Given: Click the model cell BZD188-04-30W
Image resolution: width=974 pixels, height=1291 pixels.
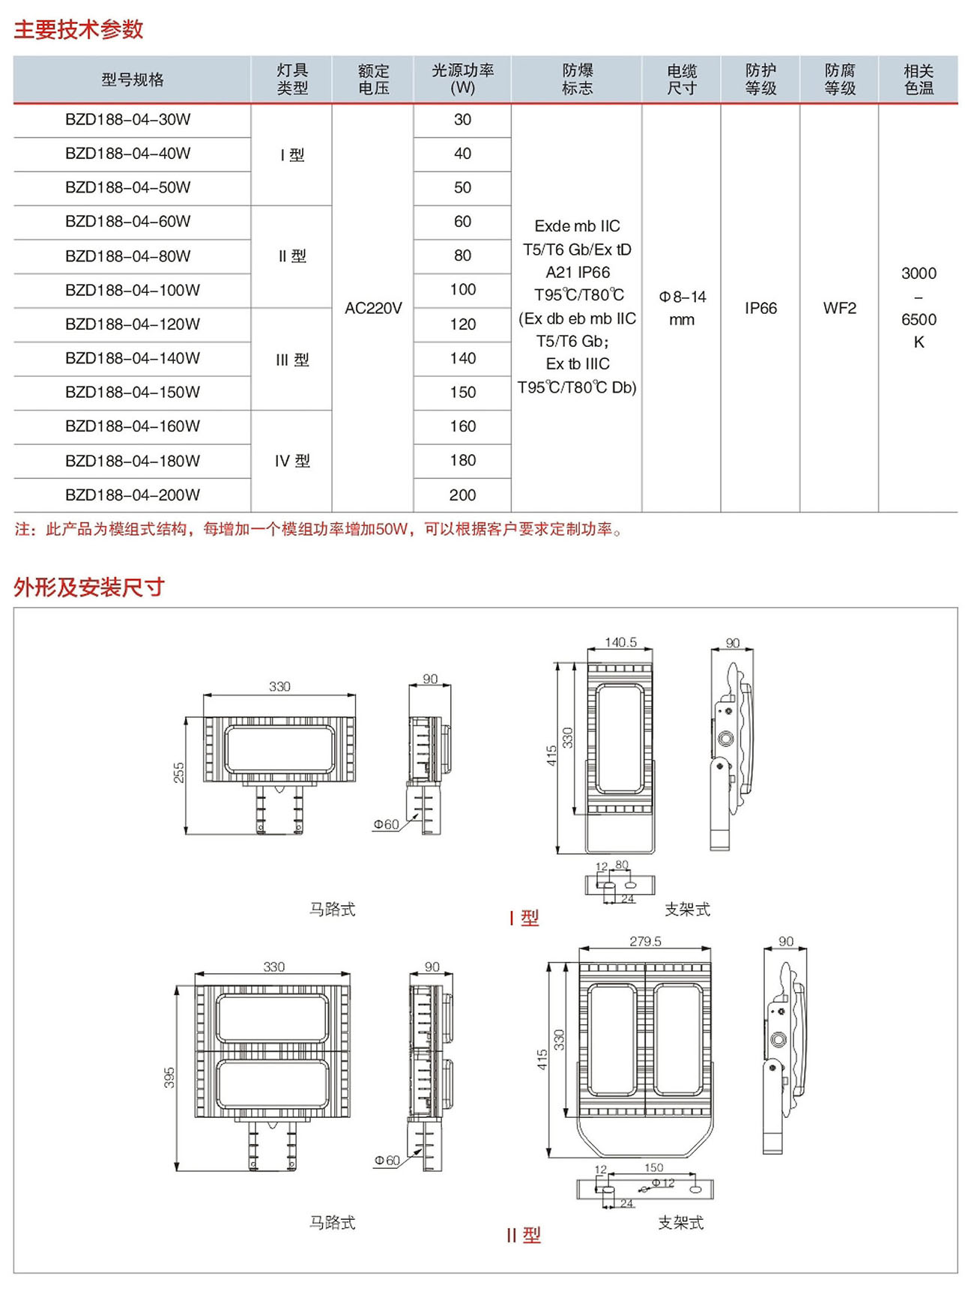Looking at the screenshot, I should click(128, 120).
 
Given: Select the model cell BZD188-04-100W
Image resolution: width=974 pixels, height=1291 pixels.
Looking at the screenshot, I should click(133, 290).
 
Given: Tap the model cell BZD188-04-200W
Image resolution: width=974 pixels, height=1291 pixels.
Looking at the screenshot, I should click(133, 495).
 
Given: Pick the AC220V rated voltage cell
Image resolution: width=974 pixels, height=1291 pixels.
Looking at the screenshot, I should click(373, 308).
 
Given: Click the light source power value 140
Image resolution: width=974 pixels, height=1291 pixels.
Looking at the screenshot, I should click(463, 358).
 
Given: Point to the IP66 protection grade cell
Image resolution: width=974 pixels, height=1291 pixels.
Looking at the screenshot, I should click(760, 308).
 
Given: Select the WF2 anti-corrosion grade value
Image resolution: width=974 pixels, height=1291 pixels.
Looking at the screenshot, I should click(839, 308).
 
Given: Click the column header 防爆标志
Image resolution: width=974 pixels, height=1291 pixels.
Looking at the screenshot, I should click(577, 79).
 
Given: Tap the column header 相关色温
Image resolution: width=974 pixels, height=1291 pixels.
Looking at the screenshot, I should click(919, 79).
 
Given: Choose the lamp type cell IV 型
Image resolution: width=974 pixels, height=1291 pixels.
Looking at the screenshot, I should click(292, 461).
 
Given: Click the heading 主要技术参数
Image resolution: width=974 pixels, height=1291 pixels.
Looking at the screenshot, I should click(79, 29).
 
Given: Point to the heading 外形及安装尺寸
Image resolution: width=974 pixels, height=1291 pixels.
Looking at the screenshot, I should click(89, 587).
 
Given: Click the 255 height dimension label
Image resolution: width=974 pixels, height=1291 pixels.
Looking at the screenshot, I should click(179, 773).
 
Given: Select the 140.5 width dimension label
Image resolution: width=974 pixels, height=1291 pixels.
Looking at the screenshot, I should click(620, 642).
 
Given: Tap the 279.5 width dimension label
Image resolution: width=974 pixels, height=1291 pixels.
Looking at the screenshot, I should click(645, 941).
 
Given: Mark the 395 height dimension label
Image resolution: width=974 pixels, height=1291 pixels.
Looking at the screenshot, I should click(169, 1077).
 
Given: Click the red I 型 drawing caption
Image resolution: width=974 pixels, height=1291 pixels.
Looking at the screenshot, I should click(524, 918).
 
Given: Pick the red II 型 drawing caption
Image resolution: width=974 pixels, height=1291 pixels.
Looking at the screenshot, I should click(523, 1235).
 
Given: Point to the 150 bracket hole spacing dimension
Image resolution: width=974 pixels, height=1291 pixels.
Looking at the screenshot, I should click(653, 1167).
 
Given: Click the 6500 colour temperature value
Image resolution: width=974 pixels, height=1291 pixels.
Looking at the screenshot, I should click(919, 319).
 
